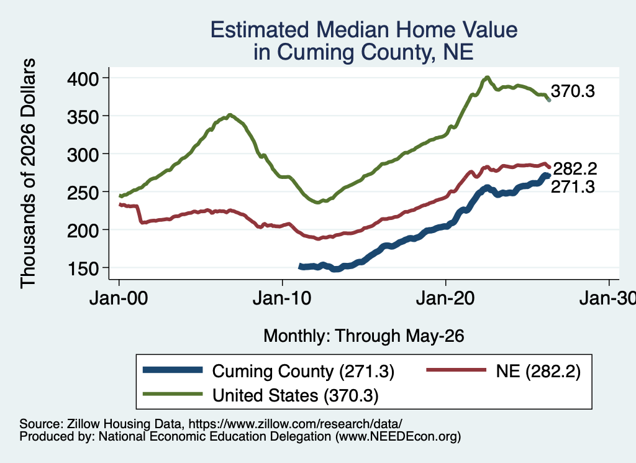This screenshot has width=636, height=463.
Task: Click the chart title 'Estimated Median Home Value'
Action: coord(364,30)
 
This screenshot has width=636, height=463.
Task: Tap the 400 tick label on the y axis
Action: coord(83,78)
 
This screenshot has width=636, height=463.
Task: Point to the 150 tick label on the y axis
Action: coord(83,268)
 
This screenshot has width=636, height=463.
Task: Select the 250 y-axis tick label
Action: coord(83,192)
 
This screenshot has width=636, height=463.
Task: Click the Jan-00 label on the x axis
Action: coord(119,298)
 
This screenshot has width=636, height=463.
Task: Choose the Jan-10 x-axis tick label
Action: coord(282,298)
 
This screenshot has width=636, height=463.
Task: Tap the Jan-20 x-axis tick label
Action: coord(445,298)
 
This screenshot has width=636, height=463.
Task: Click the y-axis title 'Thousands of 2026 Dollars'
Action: coord(29,173)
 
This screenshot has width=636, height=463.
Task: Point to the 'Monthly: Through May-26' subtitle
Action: coord(364,336)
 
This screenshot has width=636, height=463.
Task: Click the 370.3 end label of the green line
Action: coord(573,91)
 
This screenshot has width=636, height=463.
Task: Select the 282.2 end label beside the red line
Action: coord(575,169)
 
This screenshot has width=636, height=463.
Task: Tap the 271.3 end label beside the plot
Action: coord(573,186)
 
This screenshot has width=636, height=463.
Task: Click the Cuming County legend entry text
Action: coord(303,371)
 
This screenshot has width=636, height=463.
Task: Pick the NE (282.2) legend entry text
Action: coord(538,371)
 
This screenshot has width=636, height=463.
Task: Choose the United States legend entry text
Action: coord(295,395)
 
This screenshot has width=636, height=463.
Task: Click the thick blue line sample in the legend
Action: coord(173,370)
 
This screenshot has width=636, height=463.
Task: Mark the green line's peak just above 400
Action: coord(487,77)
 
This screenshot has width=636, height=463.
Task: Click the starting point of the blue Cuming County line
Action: coord(301,266)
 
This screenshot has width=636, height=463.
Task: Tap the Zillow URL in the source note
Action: coord(295,424)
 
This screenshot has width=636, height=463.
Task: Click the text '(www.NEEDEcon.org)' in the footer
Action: coord(398,436)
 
